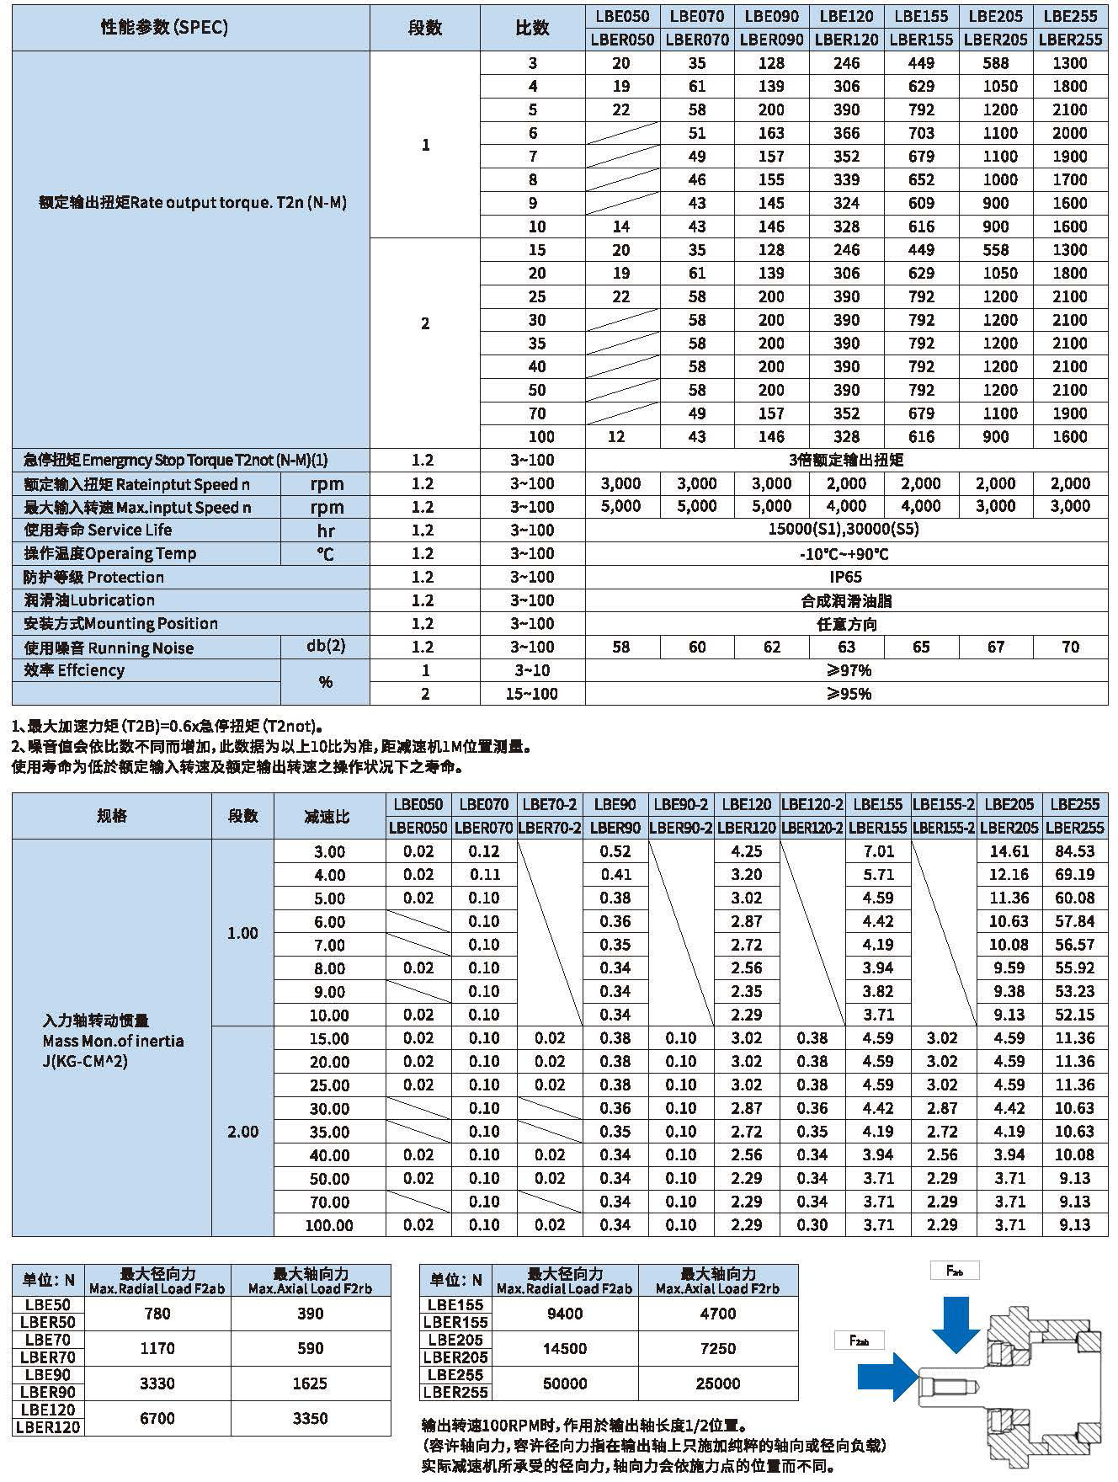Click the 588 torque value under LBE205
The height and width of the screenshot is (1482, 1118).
pyautogui.click(x=996, y=63)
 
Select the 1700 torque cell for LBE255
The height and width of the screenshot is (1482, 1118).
pyautogui.click(x=1070, y=179)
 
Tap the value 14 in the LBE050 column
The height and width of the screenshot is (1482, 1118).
pyautogui.click(x=621, y=227)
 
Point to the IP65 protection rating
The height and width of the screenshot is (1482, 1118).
pyautogui.click(x=846, y=577)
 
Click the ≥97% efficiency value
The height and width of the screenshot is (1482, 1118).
pyautogui.click(x=846, y=670)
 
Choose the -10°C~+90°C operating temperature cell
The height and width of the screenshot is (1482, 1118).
pyautogui.click(x=846, y=554)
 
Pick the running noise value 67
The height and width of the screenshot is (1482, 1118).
pyautogui.click(x=996, y=647)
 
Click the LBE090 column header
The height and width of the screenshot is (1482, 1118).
pyautogui.click(x=771, y=16)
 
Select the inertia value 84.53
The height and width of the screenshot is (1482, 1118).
pyautogui.click(x=1075, y=851)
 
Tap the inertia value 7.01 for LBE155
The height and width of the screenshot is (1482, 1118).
pyautogui.click(x=878, y=851)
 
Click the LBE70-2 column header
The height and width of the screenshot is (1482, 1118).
pyautogui.click(x=550, y=804)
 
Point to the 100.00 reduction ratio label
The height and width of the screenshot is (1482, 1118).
pyautogui.click(x=329, y=1225)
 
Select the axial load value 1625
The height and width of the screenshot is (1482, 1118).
pyautogui.click(x=310, y=1383)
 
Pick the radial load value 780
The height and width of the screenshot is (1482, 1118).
pyautogui.click(x=157, y=1314)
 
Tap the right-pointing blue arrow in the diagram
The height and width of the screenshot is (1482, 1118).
pyautogui.click(x=886, y=1377)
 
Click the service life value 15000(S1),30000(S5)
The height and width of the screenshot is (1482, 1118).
pyautogui.click(x=846, y=530)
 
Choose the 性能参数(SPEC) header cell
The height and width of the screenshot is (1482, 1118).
pyautogui.click(x=164, y=27)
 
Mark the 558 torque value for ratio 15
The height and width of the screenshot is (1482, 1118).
pyautogui.click(x=996, y=250)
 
